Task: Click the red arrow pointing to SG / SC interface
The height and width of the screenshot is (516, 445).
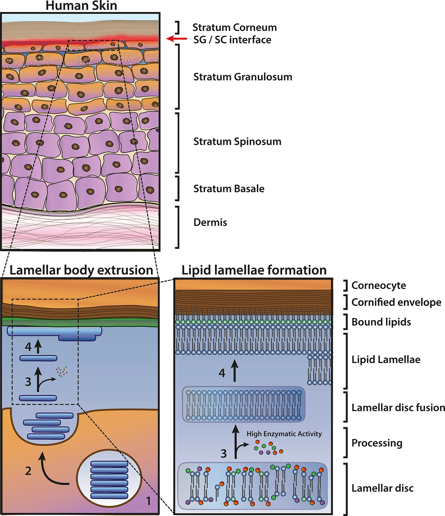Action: click(176, 39)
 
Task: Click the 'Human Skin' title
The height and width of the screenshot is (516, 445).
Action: click(81, 6)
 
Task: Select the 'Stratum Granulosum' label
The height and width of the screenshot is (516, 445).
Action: click(243, 77)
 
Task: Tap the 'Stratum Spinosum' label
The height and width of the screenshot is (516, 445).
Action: click(237, 142)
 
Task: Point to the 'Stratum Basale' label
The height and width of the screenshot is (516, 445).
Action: click(229, 189)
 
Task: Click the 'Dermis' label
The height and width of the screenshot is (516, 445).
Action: click(210, 222)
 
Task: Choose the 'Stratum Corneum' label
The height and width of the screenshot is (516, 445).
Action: click(234, 27)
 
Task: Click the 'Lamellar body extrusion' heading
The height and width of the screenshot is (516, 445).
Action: click(81, 270)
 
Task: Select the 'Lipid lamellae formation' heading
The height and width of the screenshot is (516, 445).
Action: click(254, 270)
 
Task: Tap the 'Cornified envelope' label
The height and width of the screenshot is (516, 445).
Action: click(396, 302)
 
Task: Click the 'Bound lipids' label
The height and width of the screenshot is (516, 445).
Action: click(381, 322)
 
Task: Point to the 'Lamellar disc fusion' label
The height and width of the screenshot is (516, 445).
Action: click(398, 407)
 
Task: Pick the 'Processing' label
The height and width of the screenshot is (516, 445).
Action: click(377, 443)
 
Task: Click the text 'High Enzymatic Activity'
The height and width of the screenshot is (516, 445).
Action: click(284, 434)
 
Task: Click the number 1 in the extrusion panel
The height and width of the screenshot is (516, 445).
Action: click(149, 501)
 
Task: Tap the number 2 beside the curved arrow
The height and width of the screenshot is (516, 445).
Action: click(28, 471)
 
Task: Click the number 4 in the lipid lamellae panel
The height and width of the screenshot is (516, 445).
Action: click(222, 373)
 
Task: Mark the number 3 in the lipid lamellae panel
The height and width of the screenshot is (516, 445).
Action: click(224, 454)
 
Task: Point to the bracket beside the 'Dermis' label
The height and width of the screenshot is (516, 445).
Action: click(178, 227)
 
